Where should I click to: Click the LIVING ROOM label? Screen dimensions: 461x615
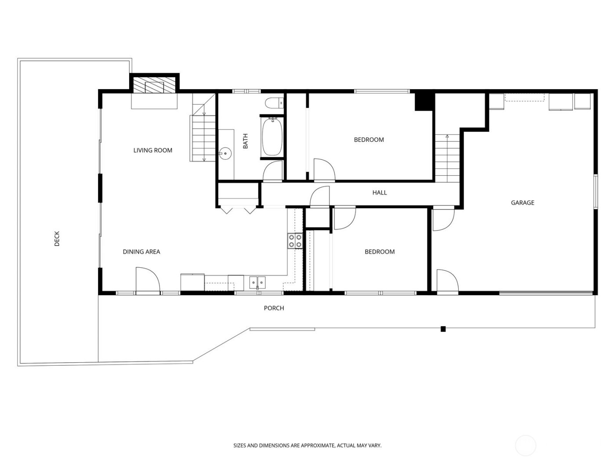[x=152, y=151]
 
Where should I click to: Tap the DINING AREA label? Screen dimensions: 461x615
[x=141, y=252]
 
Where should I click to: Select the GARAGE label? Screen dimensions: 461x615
[x=522, y=203]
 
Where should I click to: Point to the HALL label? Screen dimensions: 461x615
[x=380, y=193]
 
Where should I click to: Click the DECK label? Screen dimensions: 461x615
[x=57, y=238]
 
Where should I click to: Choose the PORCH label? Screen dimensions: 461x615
[x=274, y=308]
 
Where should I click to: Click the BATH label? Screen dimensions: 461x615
[x=245, y=141]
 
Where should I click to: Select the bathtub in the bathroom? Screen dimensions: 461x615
[x=272, y=136]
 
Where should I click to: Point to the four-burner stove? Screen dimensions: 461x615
[x=295, y=241]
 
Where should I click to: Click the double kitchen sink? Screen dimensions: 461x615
[x=257, y=281]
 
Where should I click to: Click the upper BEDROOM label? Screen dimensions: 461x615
[x=369, y=140]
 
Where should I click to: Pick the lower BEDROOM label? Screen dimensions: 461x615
[x=380, y=252]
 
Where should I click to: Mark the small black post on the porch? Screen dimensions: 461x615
[x=443, y=329]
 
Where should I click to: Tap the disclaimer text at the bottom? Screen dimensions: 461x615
[x=307, y=446]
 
